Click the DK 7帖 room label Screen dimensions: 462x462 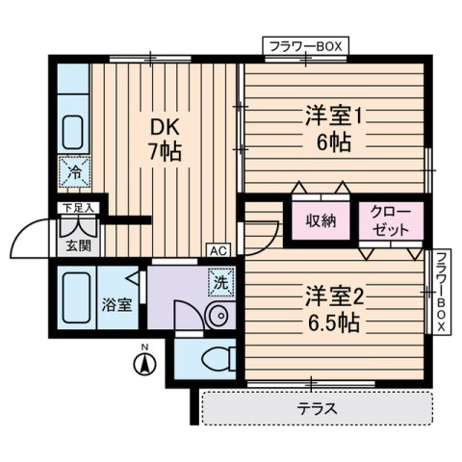point(165,139)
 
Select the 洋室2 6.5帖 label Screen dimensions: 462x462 point(330,308)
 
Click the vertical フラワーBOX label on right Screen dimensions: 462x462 point(440,291)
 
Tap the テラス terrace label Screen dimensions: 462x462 point(317,408)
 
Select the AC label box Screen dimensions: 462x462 point(218,251)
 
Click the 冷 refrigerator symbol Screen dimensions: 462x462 point(73,174)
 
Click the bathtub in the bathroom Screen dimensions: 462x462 point(74,298)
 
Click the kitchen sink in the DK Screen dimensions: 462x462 point(73,129)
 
